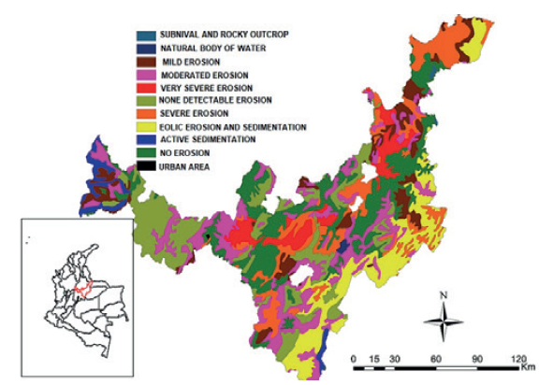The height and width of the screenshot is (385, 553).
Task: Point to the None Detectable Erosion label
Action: tap(215, 99)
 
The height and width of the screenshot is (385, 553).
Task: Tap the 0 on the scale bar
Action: tap(353, 358)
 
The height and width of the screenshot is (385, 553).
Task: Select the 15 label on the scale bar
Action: tap(373, 358)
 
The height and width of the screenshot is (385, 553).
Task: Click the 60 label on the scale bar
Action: tap(435, 358)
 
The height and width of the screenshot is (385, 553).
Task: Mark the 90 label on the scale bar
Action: tap(475, 358)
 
